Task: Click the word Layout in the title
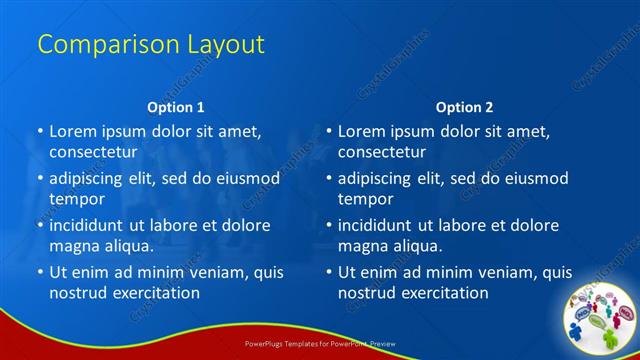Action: pos(226,44)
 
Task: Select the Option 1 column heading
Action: pos(176,107)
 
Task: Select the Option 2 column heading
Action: pos(464,107)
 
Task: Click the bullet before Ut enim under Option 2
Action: pos(329,272)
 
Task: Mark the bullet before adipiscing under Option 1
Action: pos(40,178)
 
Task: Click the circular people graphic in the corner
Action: pos(603,315)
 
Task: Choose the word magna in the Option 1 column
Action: pos(73,246)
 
